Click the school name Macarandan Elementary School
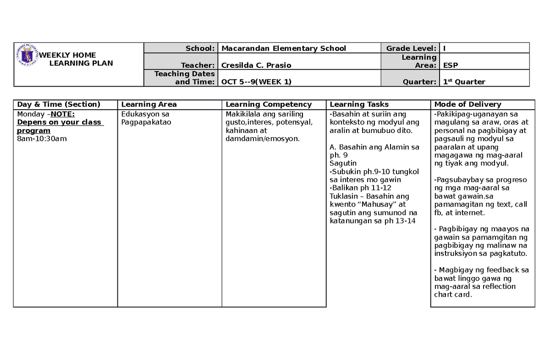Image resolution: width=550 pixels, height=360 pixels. [x=283, y=48]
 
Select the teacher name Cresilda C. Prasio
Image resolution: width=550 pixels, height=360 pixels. [x=256, y=65]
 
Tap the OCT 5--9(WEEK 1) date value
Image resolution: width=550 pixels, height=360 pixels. [x=256, y=82]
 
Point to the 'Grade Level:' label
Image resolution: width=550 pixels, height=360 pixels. [x=411, y=48]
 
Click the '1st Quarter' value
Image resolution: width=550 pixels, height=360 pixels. [x=464, y=82]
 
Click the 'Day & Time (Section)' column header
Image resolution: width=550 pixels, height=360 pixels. [x=58, y=105]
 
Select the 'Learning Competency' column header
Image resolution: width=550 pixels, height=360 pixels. [x=269, y=105]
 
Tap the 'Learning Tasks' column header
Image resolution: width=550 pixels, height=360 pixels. [x=360, y=105]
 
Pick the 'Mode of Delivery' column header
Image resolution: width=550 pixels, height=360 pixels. [x=467, y=105]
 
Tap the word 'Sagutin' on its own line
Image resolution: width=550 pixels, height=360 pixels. [x=343, y=163]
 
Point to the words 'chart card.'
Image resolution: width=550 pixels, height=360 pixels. [x=453, y=294]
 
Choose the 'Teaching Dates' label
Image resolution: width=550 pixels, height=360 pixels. [x=184, y=73]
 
